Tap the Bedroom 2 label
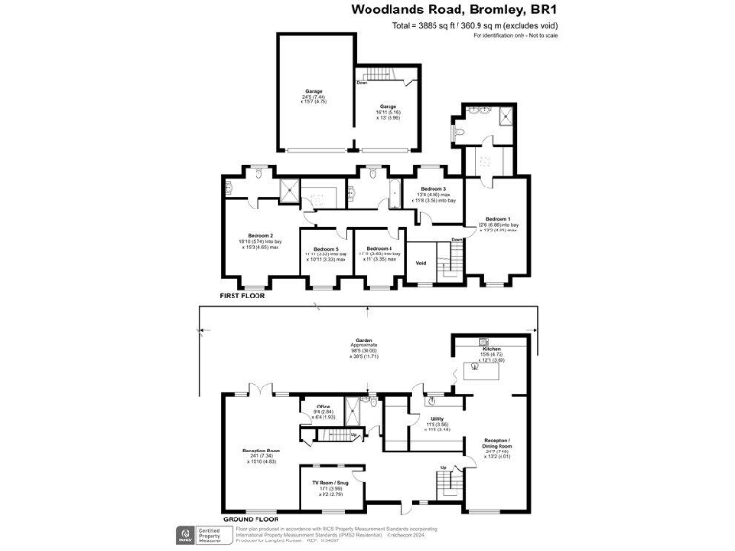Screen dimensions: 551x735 pos(260,235)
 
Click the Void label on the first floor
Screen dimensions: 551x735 pos(419,263)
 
